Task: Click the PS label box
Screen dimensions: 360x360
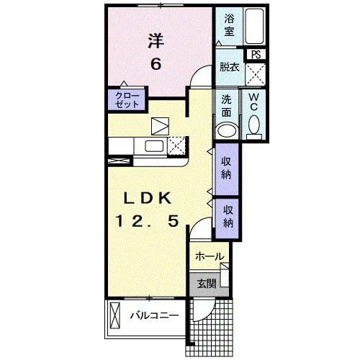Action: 256,54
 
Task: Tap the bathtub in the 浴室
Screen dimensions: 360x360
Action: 254,26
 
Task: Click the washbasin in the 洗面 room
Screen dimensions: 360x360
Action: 227,131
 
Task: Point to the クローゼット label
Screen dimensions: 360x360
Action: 127,100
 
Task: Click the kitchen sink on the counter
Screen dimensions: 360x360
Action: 154,146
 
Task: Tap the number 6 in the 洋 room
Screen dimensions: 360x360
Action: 156,64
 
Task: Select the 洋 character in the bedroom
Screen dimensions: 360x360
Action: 156,41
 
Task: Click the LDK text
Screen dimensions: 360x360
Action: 148,198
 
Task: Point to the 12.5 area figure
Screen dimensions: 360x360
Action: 148,221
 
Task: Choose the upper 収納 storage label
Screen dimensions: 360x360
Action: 226,168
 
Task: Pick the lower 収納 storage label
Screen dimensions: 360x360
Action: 228,217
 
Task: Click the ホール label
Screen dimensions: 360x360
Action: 210,256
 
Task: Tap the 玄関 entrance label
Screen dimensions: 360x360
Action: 207,284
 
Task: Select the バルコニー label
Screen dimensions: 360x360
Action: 155,315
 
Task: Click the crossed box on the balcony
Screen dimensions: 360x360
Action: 114,315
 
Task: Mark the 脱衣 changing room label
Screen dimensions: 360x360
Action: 230,67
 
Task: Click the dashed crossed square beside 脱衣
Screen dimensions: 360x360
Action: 256,74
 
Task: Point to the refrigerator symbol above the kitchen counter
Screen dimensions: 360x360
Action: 160,126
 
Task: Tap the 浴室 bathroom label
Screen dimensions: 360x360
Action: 230,25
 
